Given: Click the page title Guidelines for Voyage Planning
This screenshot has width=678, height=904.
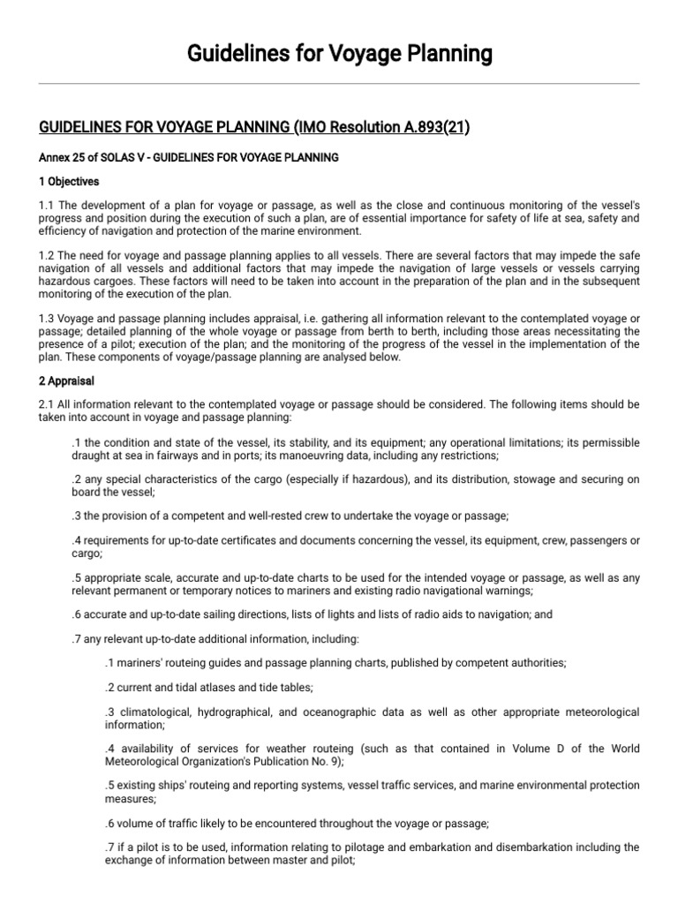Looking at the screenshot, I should (x=339, y=55).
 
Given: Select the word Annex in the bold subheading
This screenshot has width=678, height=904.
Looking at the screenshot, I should (x=55, y=158).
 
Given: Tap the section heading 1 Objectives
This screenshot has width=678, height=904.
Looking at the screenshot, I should (x=69, y=182).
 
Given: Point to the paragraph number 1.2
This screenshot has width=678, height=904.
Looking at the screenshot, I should (x=49, y=255).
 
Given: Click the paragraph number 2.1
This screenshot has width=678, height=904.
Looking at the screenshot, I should (x=49, y=404).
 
